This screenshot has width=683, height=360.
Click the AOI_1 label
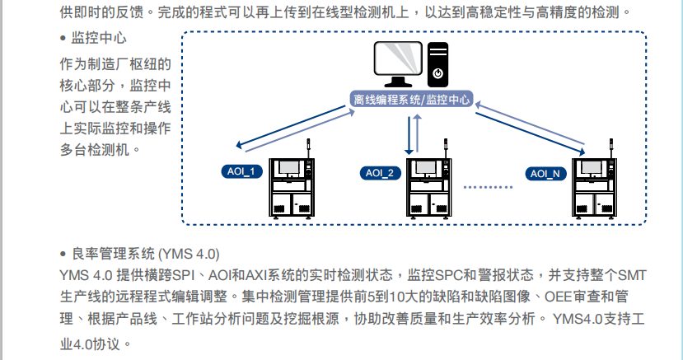pyautogui.click(x=242, y=171)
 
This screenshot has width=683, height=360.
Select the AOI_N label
pyautogui.click(x=545, y=173)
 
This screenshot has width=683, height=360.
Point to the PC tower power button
pyautogui.click(x=438, y=72)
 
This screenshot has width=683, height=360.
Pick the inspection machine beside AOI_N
pyautogui.click(x=596, y=188)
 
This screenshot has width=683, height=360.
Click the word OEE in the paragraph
pyautogui.click(x=558, y=296)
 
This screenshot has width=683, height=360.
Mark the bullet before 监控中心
pyautogui.click(x=63, y=39)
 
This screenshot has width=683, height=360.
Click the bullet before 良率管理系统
pyautogui.click(x=63, y=253)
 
